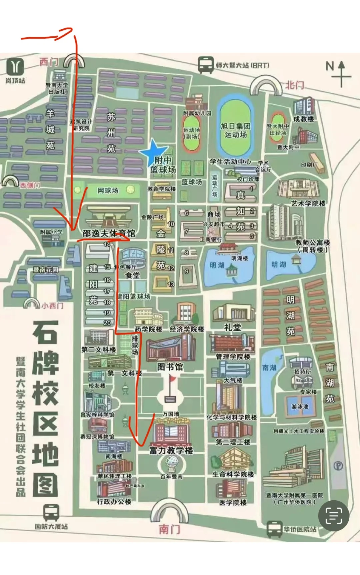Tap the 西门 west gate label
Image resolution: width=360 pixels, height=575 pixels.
tap(49, 62)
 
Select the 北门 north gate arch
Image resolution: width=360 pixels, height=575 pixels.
tap(266, 86)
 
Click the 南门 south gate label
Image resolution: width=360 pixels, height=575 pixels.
tap(169, 529)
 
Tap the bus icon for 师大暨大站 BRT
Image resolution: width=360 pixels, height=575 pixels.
tap(206, 65)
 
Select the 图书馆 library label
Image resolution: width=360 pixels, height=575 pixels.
tap(170, 367)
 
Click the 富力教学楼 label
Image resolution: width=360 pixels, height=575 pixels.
tap(171, 450)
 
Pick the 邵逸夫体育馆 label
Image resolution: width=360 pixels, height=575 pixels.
tap(109, 233)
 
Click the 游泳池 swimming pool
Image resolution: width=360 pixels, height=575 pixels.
tap(300, 406)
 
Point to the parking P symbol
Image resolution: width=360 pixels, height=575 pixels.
tap(338, 466)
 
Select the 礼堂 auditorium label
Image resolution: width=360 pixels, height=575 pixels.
tap(233, 327)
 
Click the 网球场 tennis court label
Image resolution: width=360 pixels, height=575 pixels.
tap(108, 190)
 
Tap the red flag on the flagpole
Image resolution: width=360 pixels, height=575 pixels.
tap(173, 379)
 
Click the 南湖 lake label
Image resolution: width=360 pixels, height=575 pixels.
tap(269, 367)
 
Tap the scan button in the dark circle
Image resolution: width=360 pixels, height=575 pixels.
tap(334, 516)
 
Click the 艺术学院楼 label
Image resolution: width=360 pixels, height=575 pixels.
tap(308, 203)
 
